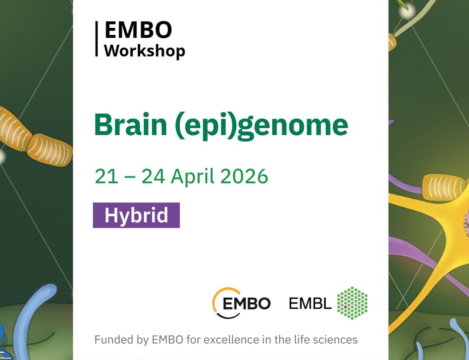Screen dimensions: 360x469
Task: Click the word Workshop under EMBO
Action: [x=145, y=50]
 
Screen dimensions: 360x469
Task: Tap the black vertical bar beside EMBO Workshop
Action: [x=97, y=39]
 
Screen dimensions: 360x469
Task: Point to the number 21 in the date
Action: [x=106, y=176]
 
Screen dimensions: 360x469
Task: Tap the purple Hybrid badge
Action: [x=136, y=215]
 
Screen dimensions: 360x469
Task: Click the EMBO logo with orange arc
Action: [x=241, y=303]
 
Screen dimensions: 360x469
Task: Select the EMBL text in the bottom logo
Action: [x=310, y=304]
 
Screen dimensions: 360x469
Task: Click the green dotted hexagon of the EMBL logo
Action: [x=352, y=303]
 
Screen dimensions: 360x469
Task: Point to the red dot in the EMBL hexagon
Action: [x=345, y=307]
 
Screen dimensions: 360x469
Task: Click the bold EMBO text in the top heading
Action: [x=139, y=30]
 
